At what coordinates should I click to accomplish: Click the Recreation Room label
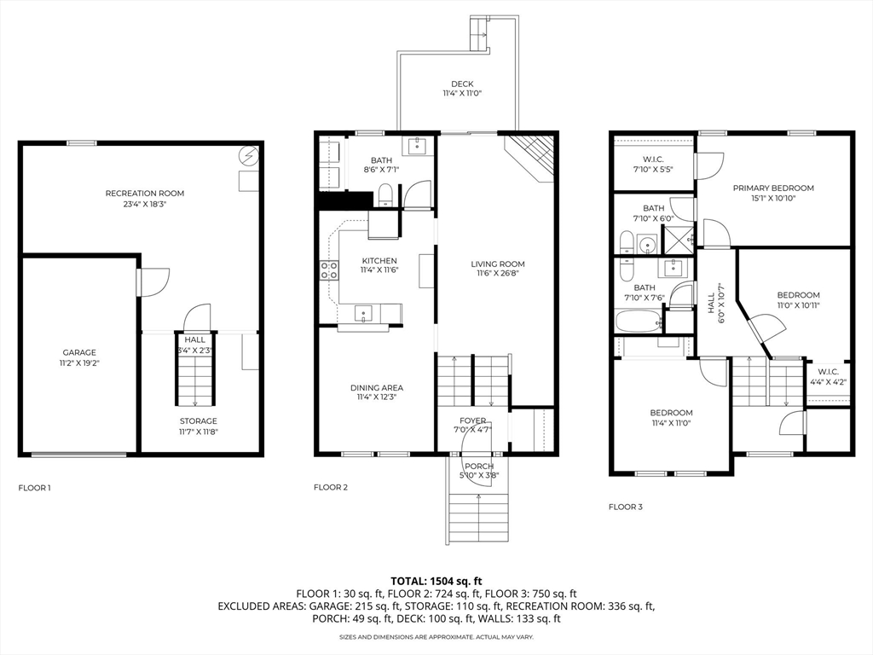pyautogui.click(x=145, y=194)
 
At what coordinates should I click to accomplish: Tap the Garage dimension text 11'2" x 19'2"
pyautogui.click(x=79, y=362)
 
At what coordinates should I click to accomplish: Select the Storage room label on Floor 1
pyautogui.click(x=198, y=421)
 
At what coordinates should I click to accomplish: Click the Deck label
pyautogui.click(x=462, y=84)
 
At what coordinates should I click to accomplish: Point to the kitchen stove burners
pyautogui.click(x=329, y=270)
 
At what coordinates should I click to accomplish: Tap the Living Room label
pyautogui.click(x=498, y=264)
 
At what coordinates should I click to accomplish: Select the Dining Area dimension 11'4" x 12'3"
pyautogui.click(x=377, y=397)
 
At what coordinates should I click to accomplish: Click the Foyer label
pyautogui.click(x=472, y=420)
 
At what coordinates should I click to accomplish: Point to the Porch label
pyautogui.click(x=479, y=467)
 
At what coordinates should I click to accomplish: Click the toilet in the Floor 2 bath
pyautogui.click(x=385, y=196)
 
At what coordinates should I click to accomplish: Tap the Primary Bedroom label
pyautogui.click(x=773, y=188)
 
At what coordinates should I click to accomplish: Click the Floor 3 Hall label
pyautogui.click(x=711, y=304)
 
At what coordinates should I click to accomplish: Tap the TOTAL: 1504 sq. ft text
pyautogui.click(x=436, y=582)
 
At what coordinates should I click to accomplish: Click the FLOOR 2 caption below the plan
pyautogui.click(x=331, y=487)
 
